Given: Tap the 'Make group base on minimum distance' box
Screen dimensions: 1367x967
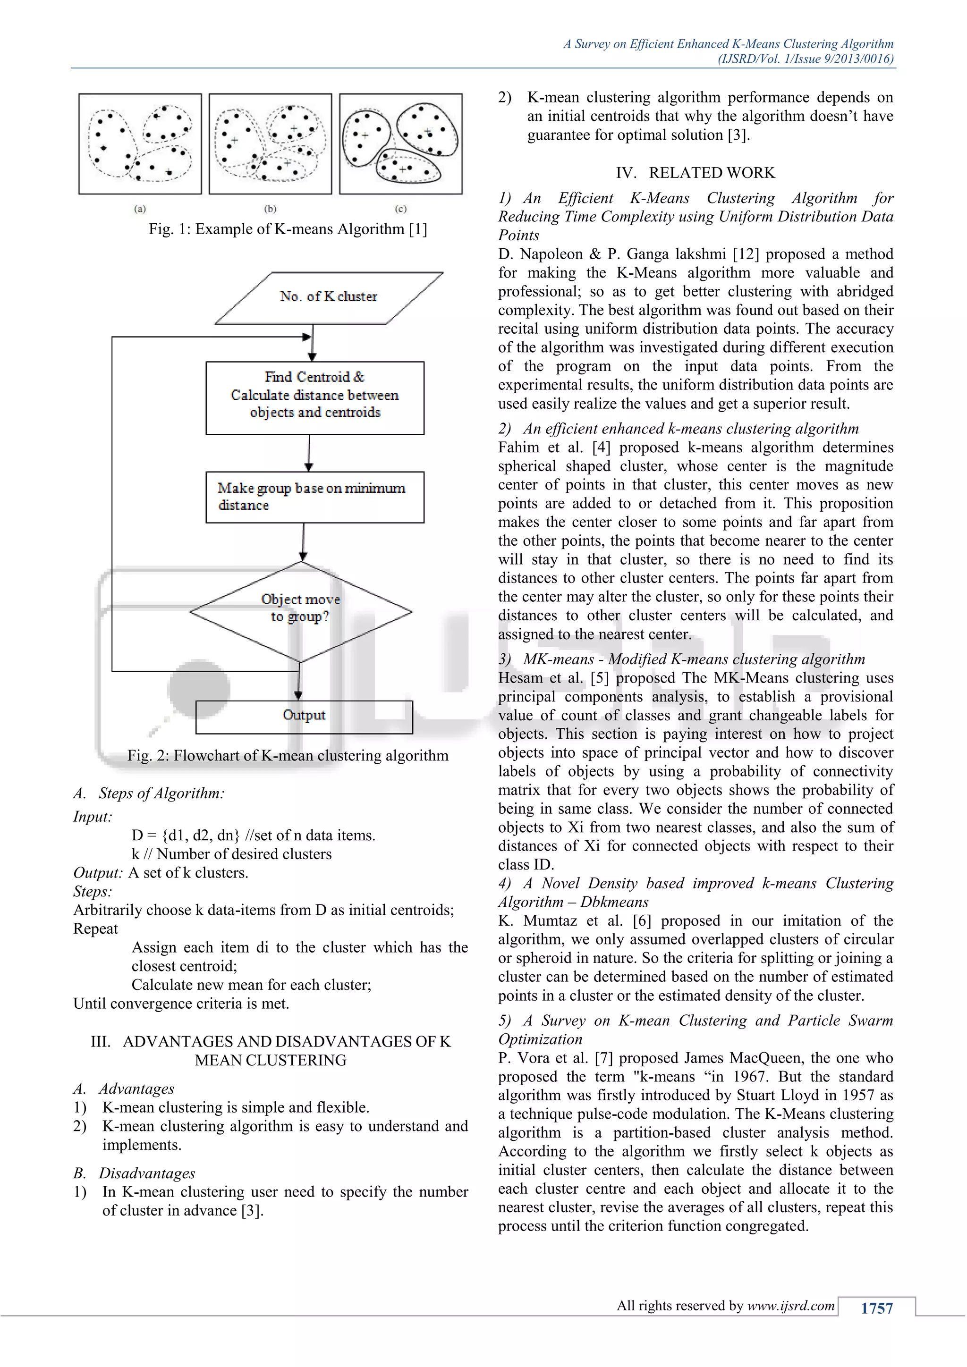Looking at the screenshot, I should [x=314, y=497].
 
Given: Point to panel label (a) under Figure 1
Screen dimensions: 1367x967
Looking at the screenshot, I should [x=140, y=209].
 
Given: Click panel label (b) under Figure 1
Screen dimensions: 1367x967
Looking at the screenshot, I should [x=271, y=209].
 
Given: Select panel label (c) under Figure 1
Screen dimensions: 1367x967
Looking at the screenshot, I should [x=401, y=209].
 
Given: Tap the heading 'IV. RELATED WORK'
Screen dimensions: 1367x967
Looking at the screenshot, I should [x=695, y=173].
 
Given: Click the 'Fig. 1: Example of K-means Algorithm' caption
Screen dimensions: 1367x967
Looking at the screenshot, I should [x=288, y=229].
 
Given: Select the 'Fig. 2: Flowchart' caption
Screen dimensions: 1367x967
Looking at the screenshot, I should [x=288, y=756].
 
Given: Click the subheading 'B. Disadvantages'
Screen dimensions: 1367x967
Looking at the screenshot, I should [x=135, y=1173].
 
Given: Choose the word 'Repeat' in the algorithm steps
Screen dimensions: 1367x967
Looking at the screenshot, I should [x=96, y=929].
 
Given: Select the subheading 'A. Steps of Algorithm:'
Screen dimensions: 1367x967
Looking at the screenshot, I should [x=149, y=793].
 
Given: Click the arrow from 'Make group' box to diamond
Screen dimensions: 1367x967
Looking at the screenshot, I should [x=303, y=542].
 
